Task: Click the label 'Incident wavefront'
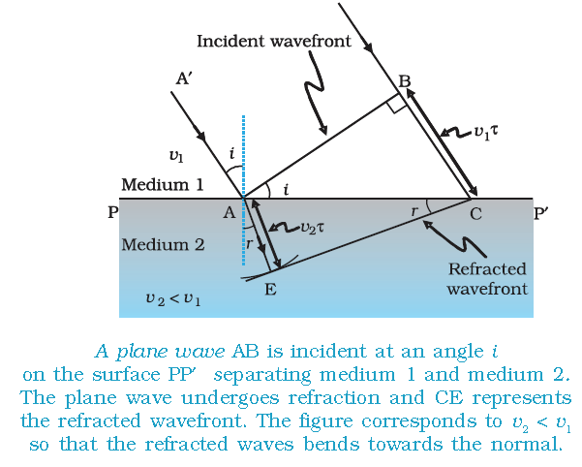[x=273, y=41]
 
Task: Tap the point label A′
[x=184, y=78]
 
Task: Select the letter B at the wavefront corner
[x=405, y=81]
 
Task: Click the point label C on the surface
[x=475, y=214]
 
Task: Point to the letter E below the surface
[x=270, y=289]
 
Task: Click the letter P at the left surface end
[x=113, y=212]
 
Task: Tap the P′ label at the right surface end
[x=540, y=213]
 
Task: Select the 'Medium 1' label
[x=163, y=184]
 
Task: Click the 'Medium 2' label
[x=163, y=244]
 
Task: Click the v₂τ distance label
[x=312, y=228]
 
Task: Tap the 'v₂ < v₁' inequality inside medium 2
[x=173, y=299]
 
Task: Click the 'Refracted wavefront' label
[x=487, y=279]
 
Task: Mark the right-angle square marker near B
[x=396, y=104]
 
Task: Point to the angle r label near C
[x=414, y=211]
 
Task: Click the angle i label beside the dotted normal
[x=232, y=153]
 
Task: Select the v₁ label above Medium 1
[x=176, y=156]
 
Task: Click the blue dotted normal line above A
[x=243, y=156]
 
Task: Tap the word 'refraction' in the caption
[x=334, y=398]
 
